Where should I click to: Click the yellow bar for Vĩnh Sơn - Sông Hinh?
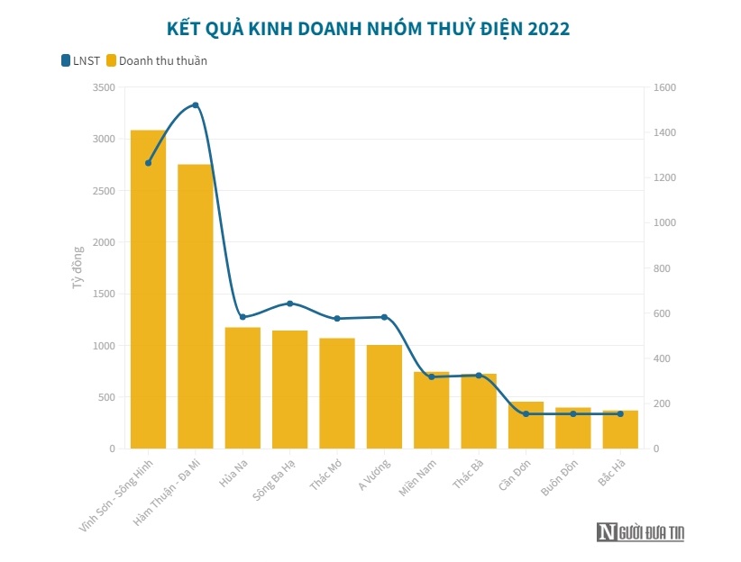pos(148,288)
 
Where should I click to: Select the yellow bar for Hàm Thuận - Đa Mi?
pos(195,306)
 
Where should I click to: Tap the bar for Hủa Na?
pos(242,387)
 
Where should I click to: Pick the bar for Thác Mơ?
pos(336,393)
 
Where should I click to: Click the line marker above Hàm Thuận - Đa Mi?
pos(196,105)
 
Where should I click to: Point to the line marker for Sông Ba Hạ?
pos(289,304)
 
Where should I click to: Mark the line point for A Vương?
pos(384,317)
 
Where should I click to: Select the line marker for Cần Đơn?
pos(526,413)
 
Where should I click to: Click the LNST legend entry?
pos(81,61)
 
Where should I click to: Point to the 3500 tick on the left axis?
pos(104,87)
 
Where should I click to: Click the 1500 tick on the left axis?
pos(104,294)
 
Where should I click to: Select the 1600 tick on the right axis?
pos(665,87)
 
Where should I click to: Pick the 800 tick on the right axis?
pos(663,268)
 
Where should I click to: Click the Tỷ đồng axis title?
pos(78,267)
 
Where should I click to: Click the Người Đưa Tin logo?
pos(640,532)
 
